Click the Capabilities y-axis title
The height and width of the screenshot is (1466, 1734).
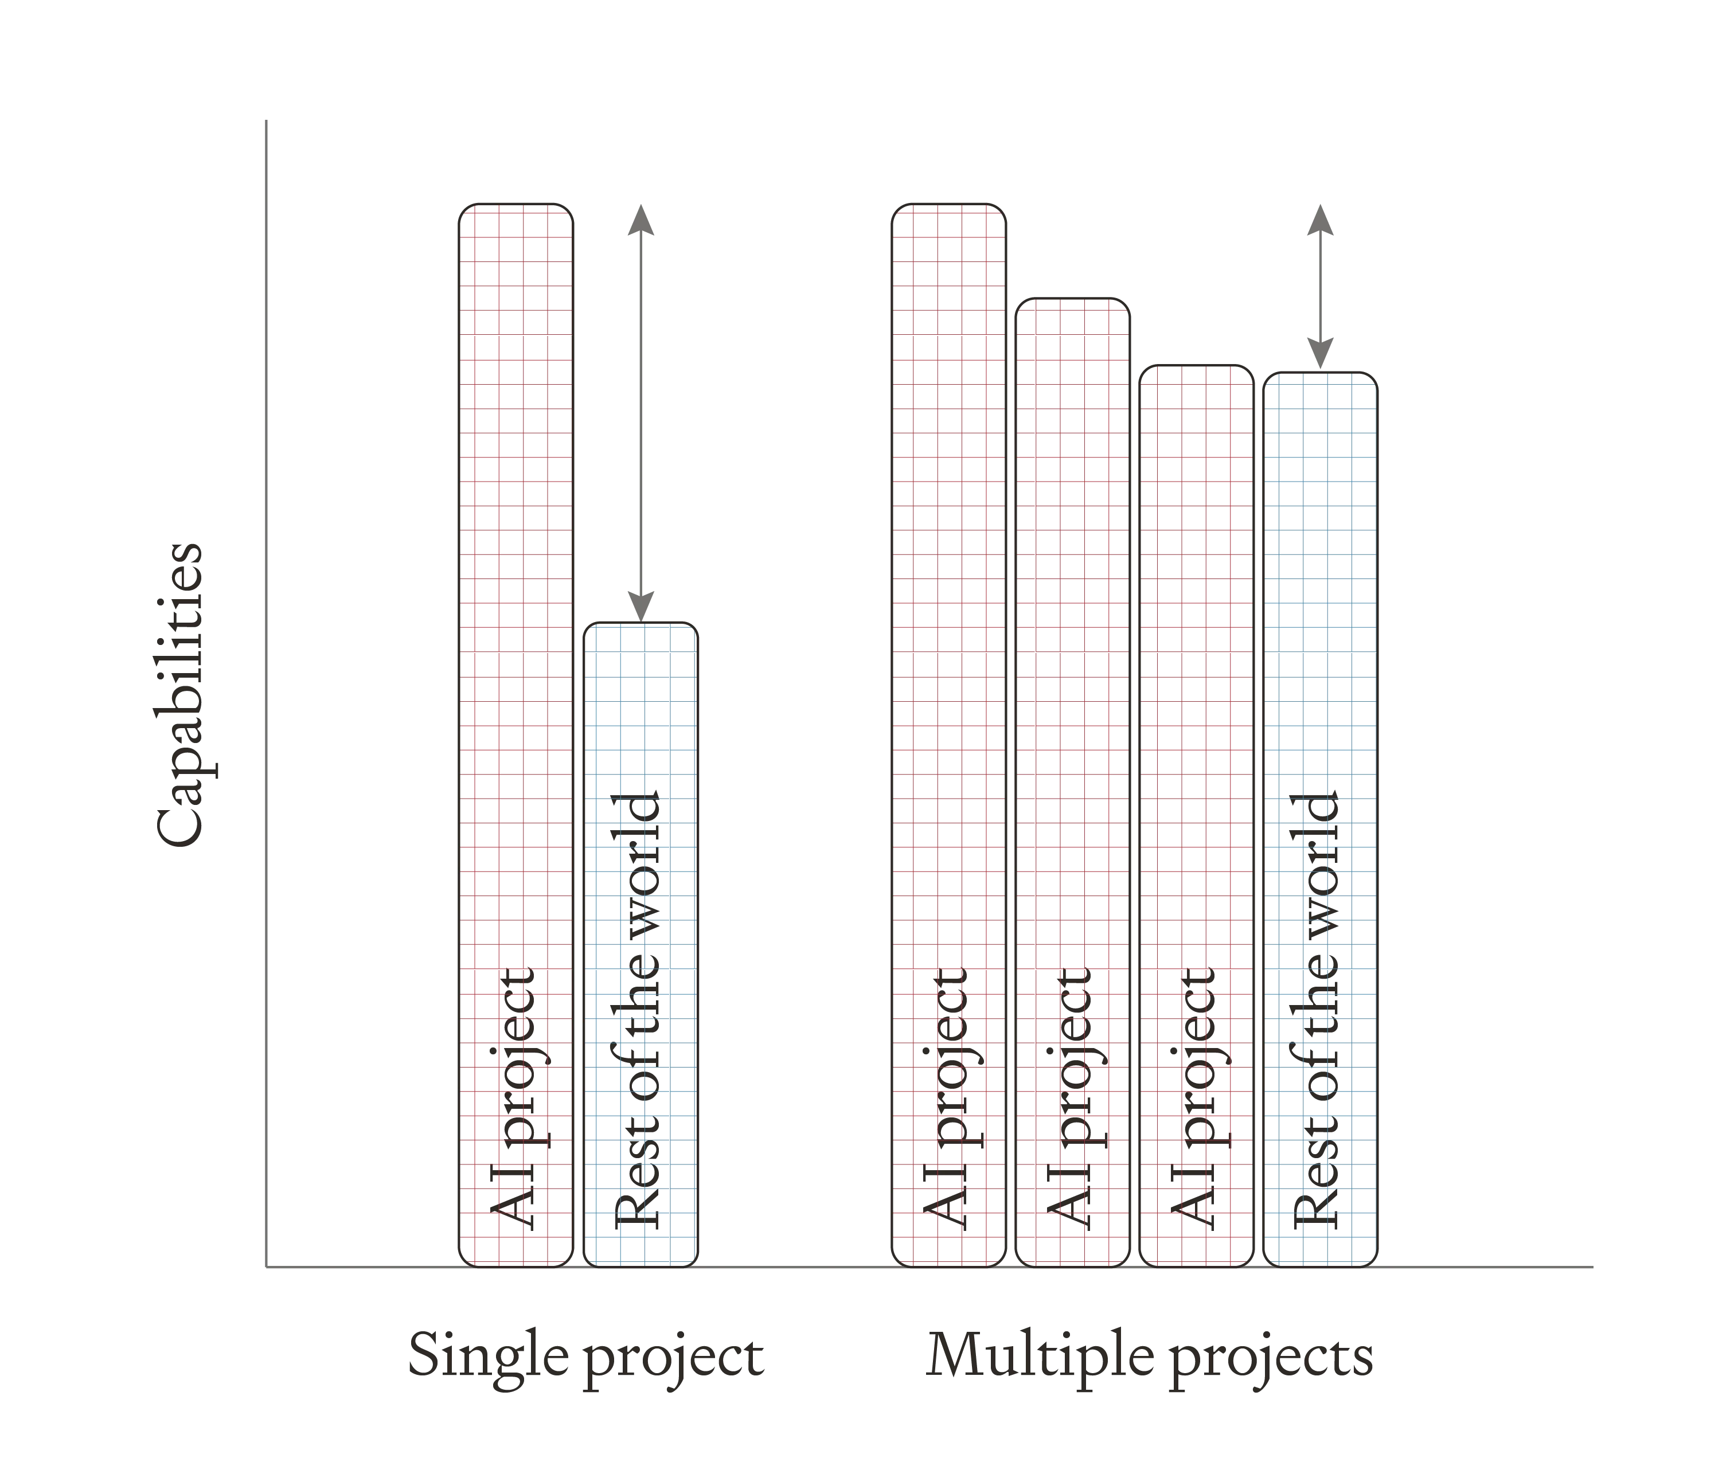pos(179,694)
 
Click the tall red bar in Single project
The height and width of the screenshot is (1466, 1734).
pos(515,582)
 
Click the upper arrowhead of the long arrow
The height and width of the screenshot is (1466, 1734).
pos(639,220)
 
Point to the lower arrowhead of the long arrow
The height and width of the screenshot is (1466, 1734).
pos(639,603)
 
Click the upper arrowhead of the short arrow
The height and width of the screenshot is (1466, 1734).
pos(1318,220)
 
